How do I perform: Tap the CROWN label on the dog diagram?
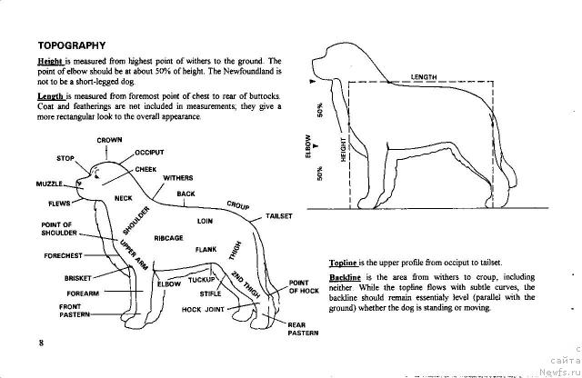tap(110, 140)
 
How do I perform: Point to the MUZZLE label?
tap(47, 185)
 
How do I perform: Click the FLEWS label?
tap(60, 203)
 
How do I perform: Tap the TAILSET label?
tap(278, 216)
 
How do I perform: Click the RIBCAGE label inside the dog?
tap(169, 238)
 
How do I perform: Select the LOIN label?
tap(205, 221)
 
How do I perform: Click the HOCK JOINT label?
tap(204, 309)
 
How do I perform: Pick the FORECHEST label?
tap(63, 255)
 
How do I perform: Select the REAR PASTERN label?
tap(303, 329)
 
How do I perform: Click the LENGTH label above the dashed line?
tap(424, 77)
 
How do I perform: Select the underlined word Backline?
tap(345, 276)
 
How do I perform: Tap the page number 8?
tap(41, 343)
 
